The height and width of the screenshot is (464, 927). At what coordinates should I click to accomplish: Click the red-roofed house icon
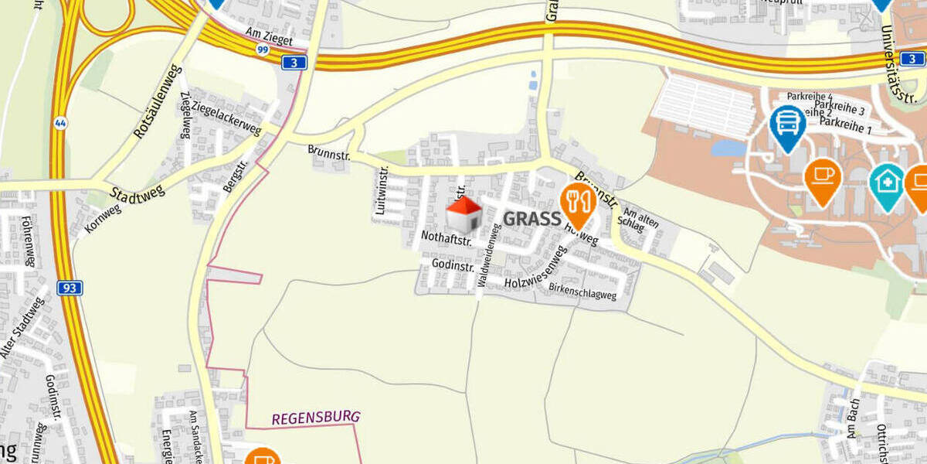coord(464,214)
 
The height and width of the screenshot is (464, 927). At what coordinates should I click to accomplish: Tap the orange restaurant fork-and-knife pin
coord(577,203)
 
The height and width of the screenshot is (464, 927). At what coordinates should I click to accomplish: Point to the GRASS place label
coord(531,219)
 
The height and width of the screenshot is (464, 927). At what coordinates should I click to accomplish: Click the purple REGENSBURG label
coord(315,418)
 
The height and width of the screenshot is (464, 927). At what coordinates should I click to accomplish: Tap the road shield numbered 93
coord(70,288)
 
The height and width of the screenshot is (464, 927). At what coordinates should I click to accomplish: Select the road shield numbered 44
coord(59,123)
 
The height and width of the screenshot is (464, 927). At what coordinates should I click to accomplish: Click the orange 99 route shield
coord(263,49)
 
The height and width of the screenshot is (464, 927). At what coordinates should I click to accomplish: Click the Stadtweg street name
coord(138,193)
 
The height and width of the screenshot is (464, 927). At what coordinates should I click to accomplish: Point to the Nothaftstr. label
coord(447,240)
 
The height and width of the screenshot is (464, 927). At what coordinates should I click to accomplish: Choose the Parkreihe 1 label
coord(845,126)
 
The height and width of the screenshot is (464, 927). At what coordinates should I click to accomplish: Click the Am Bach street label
coord(853,421)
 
